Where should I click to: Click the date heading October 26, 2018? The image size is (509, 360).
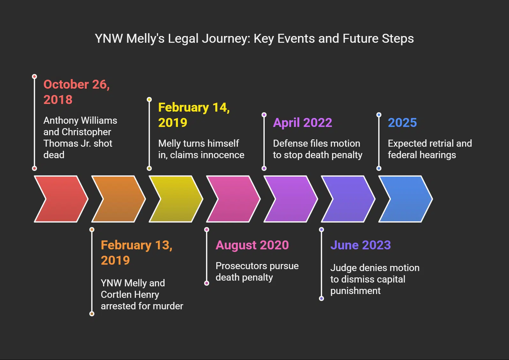click(77, 92)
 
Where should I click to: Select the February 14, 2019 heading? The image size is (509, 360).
click(194, 115)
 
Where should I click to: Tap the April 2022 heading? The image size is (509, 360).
click(302, 122)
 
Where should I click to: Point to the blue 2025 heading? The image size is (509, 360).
click(402, 122)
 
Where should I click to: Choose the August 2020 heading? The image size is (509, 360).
click(252, 245)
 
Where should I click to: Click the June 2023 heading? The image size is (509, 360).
click(360, 245)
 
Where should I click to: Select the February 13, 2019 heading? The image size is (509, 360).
click(136, 253)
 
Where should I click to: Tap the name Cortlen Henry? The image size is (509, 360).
click(130, 294)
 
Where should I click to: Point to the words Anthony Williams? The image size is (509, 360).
click(80, 120)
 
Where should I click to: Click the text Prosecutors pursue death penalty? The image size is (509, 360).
click(257, 271)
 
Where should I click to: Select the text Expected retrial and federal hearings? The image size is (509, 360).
click(429, 149)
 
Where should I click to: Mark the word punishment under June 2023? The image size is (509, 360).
click(355, 290)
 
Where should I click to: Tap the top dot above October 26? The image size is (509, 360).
click(34, 77)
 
